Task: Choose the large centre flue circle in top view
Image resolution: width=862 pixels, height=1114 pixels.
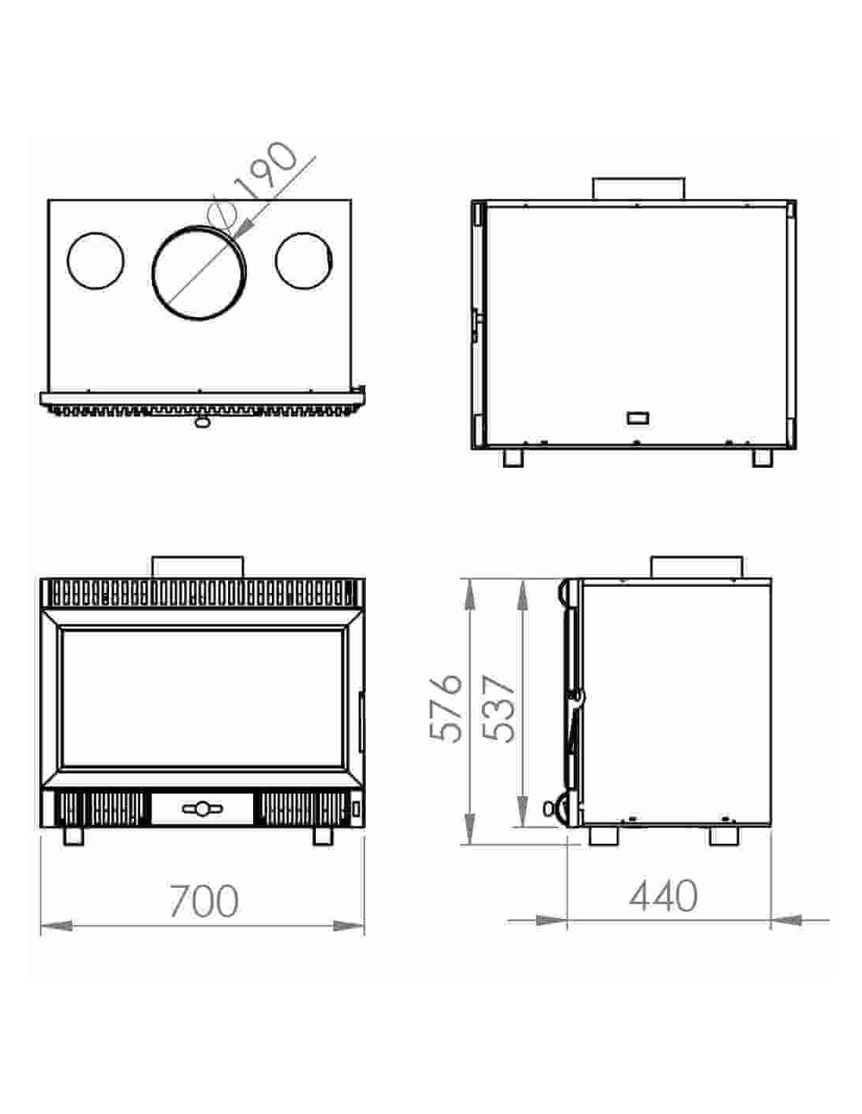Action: pos(199,273)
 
